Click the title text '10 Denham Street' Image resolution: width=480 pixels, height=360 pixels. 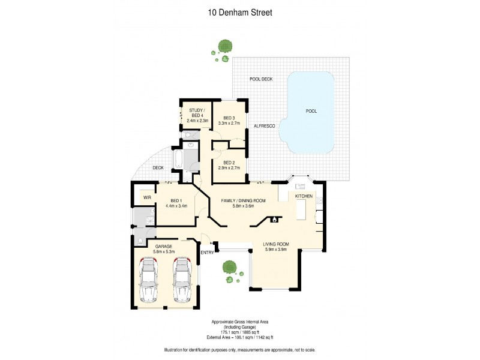coord(239,11)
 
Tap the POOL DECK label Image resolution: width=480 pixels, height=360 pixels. coord(262,79)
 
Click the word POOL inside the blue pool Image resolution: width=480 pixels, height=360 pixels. coord(311,111)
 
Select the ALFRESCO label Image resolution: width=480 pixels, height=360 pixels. coord(264,125)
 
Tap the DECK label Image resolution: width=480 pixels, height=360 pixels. coord(158,168)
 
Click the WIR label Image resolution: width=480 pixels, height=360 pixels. coord(146,197)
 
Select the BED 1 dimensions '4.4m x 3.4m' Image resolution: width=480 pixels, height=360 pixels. coord(176,206)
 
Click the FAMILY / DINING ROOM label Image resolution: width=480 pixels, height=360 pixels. coord(243,200)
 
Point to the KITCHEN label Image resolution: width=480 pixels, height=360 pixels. coord(304,196)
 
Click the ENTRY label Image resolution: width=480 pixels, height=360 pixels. coord(207,253)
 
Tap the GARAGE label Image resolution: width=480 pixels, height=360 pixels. coord(164,246)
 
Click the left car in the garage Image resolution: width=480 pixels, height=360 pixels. coord(148,280)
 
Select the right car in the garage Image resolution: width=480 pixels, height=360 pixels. coord(182,280)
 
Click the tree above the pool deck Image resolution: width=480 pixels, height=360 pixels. coord(226,46)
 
